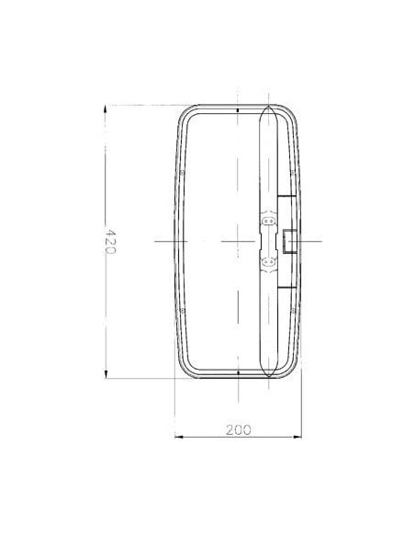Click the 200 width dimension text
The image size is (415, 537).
point(238,429)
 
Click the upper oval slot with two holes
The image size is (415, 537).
point(269,222)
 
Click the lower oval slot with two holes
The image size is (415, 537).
point(269,262)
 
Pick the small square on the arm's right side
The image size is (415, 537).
point(287,241)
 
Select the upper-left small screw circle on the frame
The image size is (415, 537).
point(184,172)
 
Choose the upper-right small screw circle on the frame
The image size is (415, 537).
point(292,172)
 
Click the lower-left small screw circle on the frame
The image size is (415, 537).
point(184,310)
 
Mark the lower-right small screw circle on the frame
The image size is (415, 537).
point(292,310)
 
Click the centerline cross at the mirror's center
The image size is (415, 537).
point(238,241)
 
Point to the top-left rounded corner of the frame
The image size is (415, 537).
point(184,115)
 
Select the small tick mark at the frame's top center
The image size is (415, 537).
point(238,110)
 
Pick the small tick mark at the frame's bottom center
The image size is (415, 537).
point(238,372)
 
